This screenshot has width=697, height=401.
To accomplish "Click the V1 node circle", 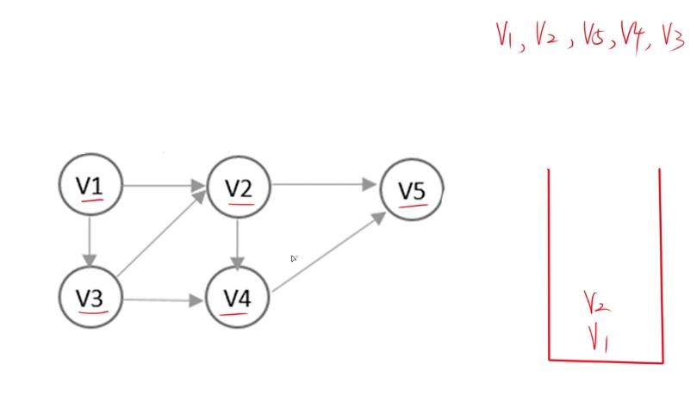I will coord(90,185).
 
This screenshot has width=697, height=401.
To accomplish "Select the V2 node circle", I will coord(238,187).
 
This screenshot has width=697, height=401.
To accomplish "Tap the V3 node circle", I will coord(90,298).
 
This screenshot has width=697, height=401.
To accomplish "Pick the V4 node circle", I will coord(238,299).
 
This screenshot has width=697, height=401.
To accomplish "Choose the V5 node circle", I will coord(413,190).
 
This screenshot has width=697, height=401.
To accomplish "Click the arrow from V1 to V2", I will coord(164,185).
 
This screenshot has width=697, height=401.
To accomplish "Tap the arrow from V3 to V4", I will coord(164,299).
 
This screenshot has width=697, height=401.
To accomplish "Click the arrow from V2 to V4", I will coord(238,244).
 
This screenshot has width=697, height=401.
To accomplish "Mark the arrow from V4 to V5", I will coord(327,254).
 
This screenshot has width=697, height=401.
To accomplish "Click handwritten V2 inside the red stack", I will coord(597,302).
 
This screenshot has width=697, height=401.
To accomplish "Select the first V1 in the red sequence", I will coord(507,36).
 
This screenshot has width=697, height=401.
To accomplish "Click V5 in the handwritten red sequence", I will coord(587,38).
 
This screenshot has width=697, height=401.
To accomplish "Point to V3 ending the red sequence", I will coord(672,38).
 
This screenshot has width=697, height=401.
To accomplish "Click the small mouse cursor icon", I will coord(294,258).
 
